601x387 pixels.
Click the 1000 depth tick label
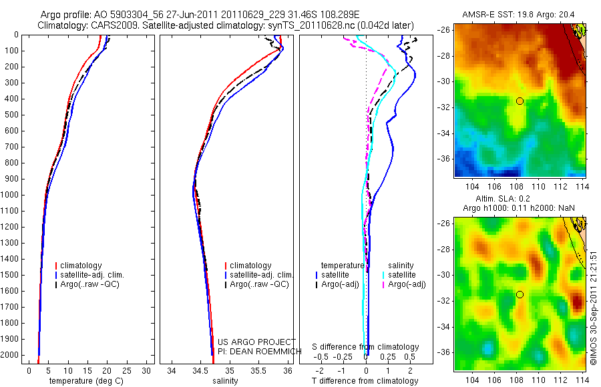[x=10, y=195]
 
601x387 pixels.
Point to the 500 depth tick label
[x=12, y=115]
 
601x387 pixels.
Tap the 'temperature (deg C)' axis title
[x=87, y=381]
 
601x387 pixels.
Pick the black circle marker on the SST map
[x=520, y=101]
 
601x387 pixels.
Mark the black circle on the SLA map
[x=520, y=294]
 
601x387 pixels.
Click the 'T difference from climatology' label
[x=366, y=381]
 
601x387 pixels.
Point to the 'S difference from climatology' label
[x=366, y=347]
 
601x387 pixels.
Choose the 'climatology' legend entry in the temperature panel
[x=83, y=266]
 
